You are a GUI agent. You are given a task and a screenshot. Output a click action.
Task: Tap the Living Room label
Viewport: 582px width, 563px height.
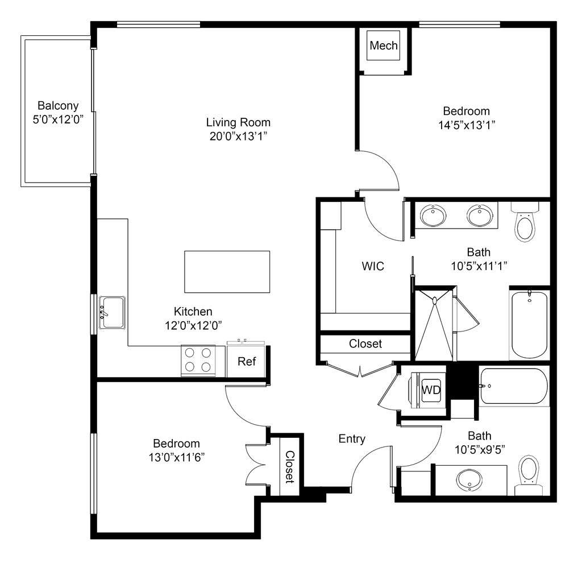tap(239, 129)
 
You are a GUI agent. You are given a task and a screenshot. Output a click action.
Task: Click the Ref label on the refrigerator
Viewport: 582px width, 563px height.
tap(249, 361)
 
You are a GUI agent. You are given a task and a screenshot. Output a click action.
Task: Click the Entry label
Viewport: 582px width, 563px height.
tap(352, 438)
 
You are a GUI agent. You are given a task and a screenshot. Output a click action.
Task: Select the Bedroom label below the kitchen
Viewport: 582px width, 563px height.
tap(176, 449)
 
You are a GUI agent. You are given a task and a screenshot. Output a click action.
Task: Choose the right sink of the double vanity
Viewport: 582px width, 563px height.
tap(479, 216)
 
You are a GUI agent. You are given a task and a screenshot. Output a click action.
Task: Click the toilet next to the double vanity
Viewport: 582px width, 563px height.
tap(525, 223)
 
